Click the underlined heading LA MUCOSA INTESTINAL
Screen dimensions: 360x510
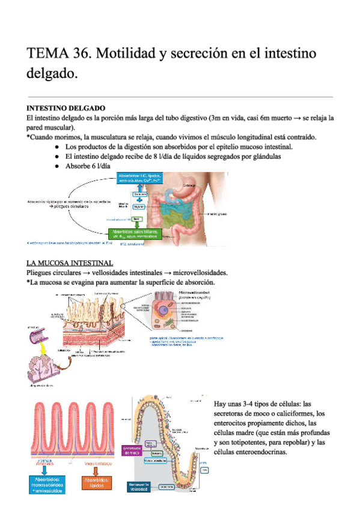70,263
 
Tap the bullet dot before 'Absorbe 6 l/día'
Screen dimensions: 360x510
56,166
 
